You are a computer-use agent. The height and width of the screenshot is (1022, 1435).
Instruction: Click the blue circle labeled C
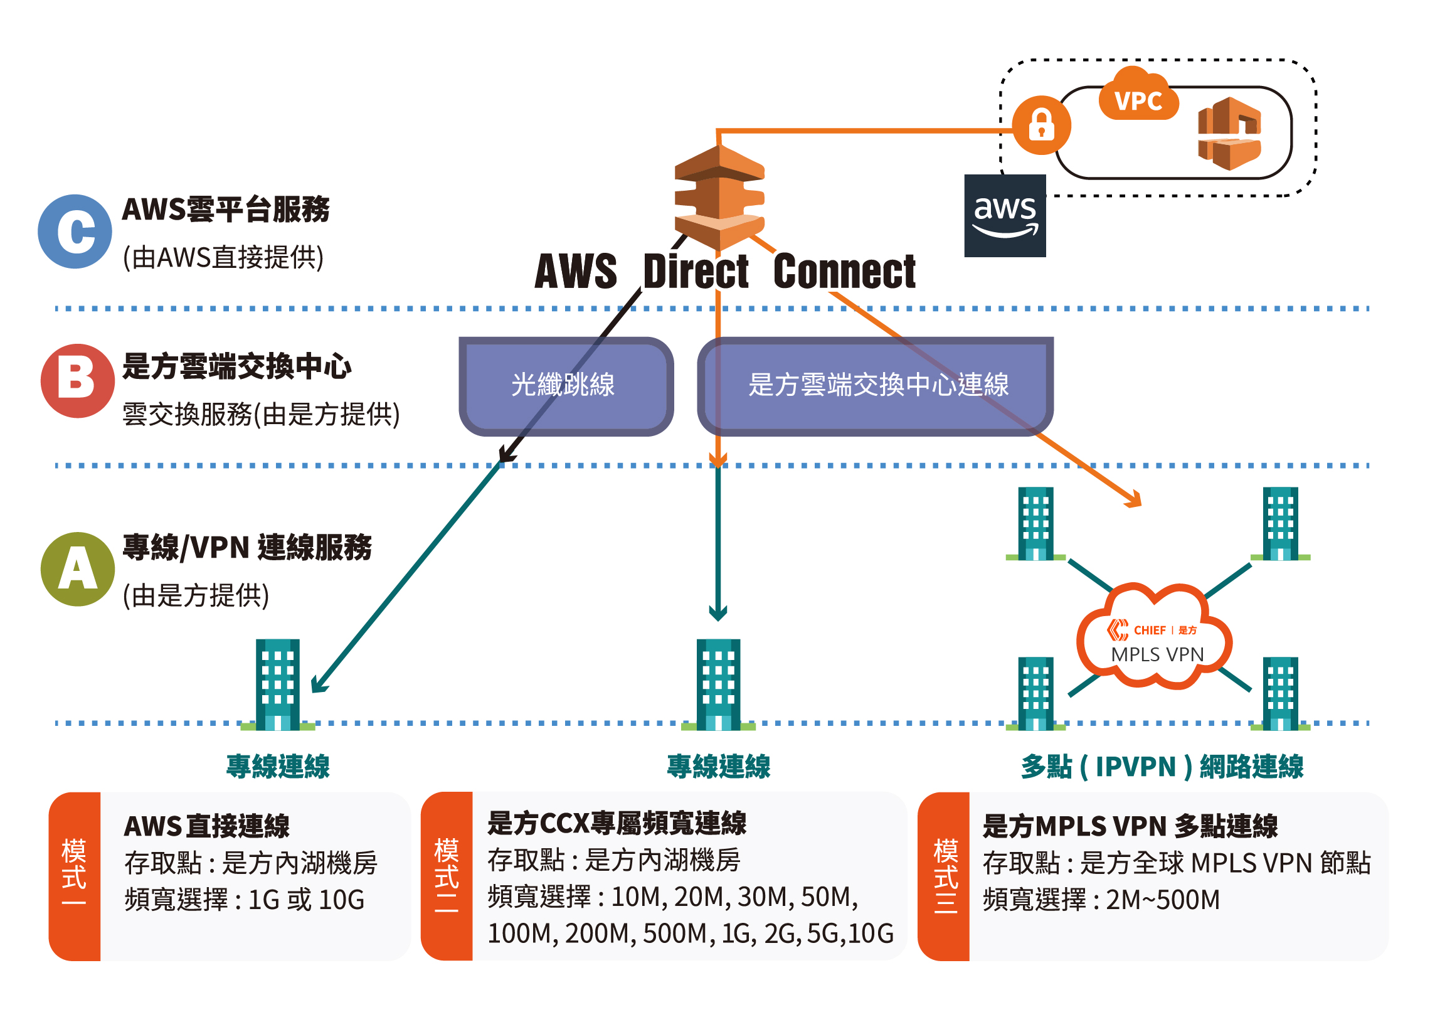75,231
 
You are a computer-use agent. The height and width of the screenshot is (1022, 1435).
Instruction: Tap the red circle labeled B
77,380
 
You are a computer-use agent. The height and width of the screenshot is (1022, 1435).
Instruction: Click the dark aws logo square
1005,215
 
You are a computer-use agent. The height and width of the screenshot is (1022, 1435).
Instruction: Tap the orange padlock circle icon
1041,125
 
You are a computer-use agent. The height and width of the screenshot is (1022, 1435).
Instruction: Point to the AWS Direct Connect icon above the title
719,197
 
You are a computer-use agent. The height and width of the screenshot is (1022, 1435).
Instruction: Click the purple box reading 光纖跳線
566,385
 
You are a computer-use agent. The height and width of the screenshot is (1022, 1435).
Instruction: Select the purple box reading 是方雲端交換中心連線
876,385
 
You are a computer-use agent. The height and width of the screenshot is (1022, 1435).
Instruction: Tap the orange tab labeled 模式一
74,876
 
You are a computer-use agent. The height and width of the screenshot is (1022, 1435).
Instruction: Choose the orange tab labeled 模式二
446,876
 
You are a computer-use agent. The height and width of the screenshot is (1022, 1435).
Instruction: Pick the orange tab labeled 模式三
944,876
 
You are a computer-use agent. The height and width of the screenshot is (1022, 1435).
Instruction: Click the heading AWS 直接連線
206,826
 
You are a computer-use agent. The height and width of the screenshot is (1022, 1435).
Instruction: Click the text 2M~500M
1163,899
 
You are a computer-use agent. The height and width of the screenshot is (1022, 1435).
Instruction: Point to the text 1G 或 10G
306,899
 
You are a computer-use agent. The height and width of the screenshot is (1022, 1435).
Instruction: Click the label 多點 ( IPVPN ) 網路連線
1162,766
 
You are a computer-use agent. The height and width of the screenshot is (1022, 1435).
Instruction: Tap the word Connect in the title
844,272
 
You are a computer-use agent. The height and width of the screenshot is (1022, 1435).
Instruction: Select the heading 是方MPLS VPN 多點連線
1130,826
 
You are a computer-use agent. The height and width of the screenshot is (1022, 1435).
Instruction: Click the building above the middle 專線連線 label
718,684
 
